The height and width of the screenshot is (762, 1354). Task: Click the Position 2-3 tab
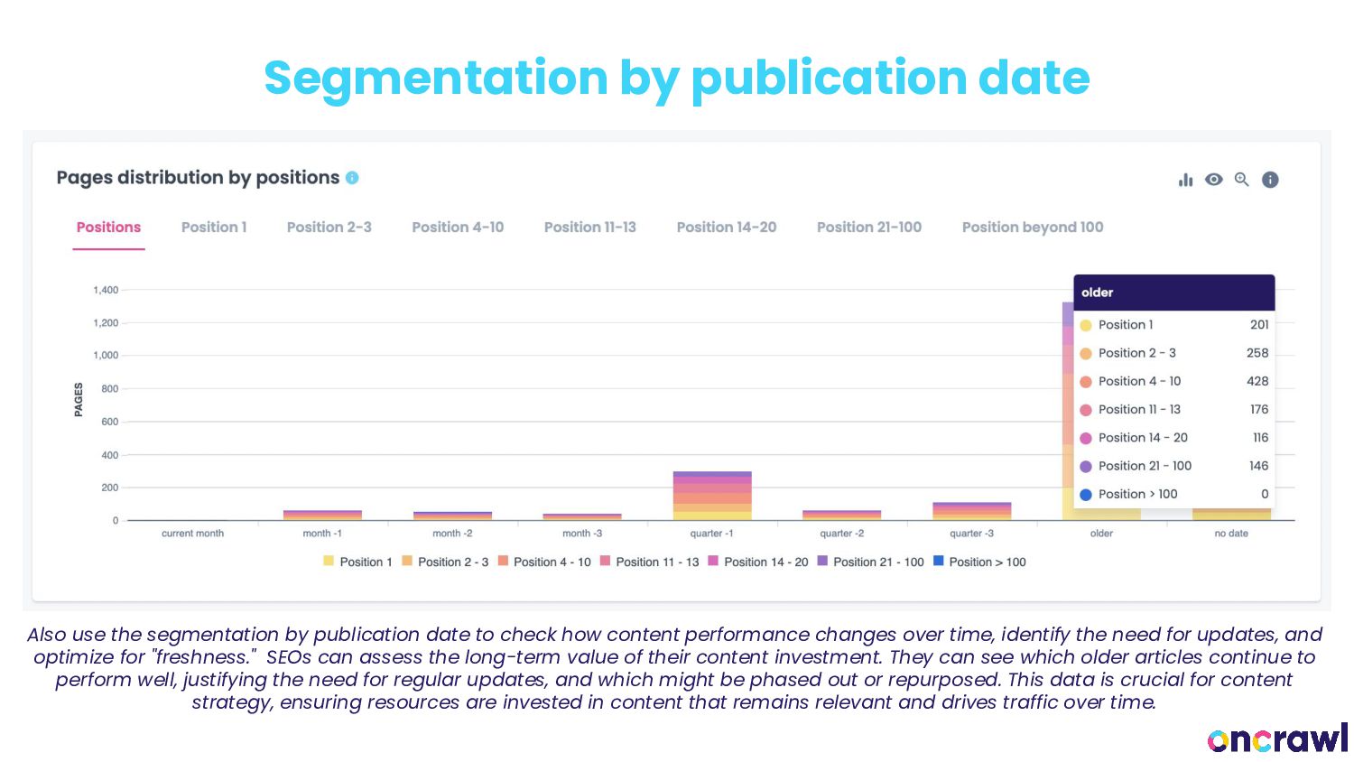coord(329,228)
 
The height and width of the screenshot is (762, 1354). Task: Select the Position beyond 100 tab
coord(1032,228)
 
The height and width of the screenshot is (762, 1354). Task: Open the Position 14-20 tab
coord(726,228)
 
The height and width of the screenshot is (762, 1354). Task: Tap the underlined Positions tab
coord(108,228)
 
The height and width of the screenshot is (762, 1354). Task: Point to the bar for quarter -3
coord(971,511)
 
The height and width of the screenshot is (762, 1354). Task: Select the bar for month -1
coord(322,515)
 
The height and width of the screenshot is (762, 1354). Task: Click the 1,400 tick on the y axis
coord(106,290)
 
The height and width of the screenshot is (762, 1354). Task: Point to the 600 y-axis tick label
coord(109,422)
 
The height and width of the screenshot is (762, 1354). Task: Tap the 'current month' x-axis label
coord(192,534)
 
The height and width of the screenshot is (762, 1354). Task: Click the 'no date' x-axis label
coord(1230,534)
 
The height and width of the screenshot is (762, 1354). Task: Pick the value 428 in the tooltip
coord(1257,381)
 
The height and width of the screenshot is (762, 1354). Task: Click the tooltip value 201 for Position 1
coord(1258,325)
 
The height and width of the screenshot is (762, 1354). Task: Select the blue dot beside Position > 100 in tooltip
coord(1086,495)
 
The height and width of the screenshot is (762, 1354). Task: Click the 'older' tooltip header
coord(1097,293)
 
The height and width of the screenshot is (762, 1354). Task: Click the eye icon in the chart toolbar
coord(1214,180)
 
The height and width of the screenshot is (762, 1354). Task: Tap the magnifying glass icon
coord(1242,180)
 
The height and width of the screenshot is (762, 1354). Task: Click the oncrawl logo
coord(1276,739)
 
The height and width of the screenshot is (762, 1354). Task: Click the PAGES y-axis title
coord(79,399)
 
